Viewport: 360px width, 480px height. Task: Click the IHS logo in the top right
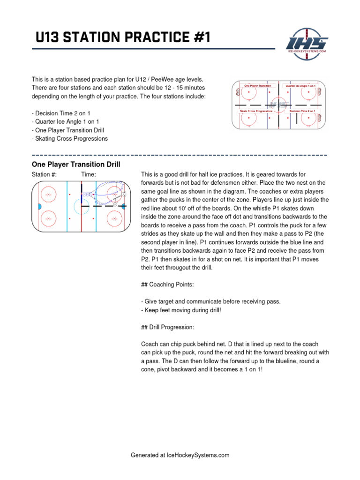click(307, 43)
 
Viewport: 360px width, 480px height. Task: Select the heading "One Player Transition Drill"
click(75, 165)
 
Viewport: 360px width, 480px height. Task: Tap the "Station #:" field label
click(44, 174)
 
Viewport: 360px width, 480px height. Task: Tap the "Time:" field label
click(89, 174)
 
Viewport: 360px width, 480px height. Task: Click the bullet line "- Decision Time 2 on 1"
click(60, 113)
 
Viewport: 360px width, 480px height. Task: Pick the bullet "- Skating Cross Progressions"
click(69, 138)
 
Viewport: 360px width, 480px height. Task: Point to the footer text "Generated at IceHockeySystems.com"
click(180, 455)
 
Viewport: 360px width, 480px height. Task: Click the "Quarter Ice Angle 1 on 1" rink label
click(300, 86)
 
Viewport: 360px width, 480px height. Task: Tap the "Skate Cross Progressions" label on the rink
click(256, 111)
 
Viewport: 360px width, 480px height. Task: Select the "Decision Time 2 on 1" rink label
click(302, 111)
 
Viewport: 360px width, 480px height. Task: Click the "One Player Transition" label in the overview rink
click(258, 86)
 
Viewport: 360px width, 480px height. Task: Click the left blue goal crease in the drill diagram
click(39, 206)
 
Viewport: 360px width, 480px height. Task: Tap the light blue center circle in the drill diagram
click(82, 206)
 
